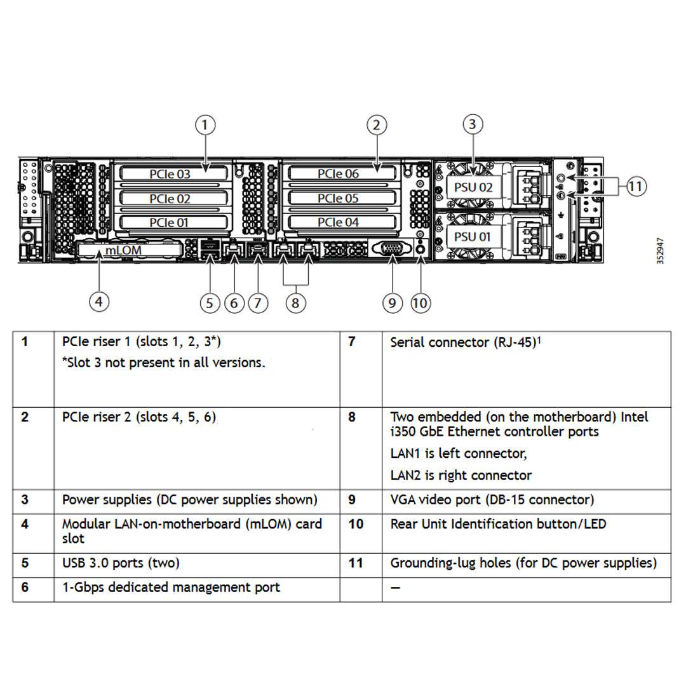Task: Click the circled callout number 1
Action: pos(205,125)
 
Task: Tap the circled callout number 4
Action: pos(98,302)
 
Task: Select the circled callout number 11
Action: pos(636,186)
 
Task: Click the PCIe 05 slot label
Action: pos(338,198)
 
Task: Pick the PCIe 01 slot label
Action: pos(170,222)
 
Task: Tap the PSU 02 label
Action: pos(473,187)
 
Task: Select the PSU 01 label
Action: pos(473,237)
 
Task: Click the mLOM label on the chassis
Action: pos(123,250)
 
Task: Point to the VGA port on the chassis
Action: pos(393,248)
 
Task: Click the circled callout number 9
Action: pos(393,303)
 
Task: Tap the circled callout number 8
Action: pos(295,303)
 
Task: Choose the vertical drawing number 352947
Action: pos(661,252)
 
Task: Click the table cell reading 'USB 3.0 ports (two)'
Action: pos(121,563)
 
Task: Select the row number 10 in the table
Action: pos(356,524)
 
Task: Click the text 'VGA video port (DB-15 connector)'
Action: pos(492,500)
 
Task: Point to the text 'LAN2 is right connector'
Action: pos(461,475)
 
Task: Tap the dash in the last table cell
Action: pos(396,588)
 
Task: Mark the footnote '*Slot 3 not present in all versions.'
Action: pos(163,363)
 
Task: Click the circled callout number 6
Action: pos(234,303)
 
